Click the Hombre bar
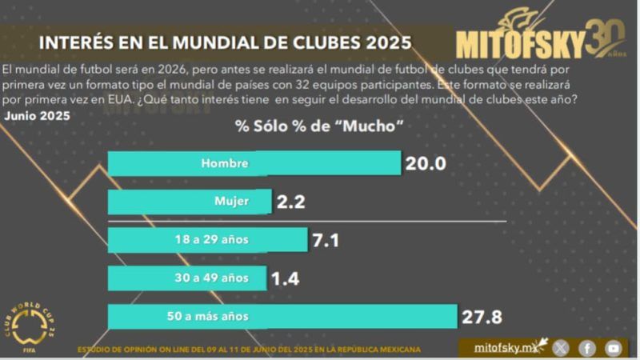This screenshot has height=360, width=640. click(x=254, y=163)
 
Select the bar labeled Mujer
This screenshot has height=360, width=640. click(x=189, y=202)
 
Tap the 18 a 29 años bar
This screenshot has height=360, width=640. click(x=207, y=239)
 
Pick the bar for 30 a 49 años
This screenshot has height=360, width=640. click(x=189, y=278)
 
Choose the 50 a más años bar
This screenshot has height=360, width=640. click(x=282, y=316)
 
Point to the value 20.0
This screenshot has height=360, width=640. click(x=425, y=164)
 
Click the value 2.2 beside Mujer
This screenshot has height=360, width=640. click(x=291, y=202)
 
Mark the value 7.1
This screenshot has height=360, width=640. click(x=327, y=240)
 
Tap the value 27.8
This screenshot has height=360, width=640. click(x=482, y=317)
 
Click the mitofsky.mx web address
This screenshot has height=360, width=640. click(x=503, y=348)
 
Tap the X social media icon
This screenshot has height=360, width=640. click(x=562, y=348)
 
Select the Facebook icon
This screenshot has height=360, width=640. click(x=587, y=348)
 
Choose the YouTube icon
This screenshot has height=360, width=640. click(x=613, y=348)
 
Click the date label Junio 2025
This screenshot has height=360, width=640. click(x=37, y=115)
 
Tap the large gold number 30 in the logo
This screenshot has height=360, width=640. click(x=605, y=36)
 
